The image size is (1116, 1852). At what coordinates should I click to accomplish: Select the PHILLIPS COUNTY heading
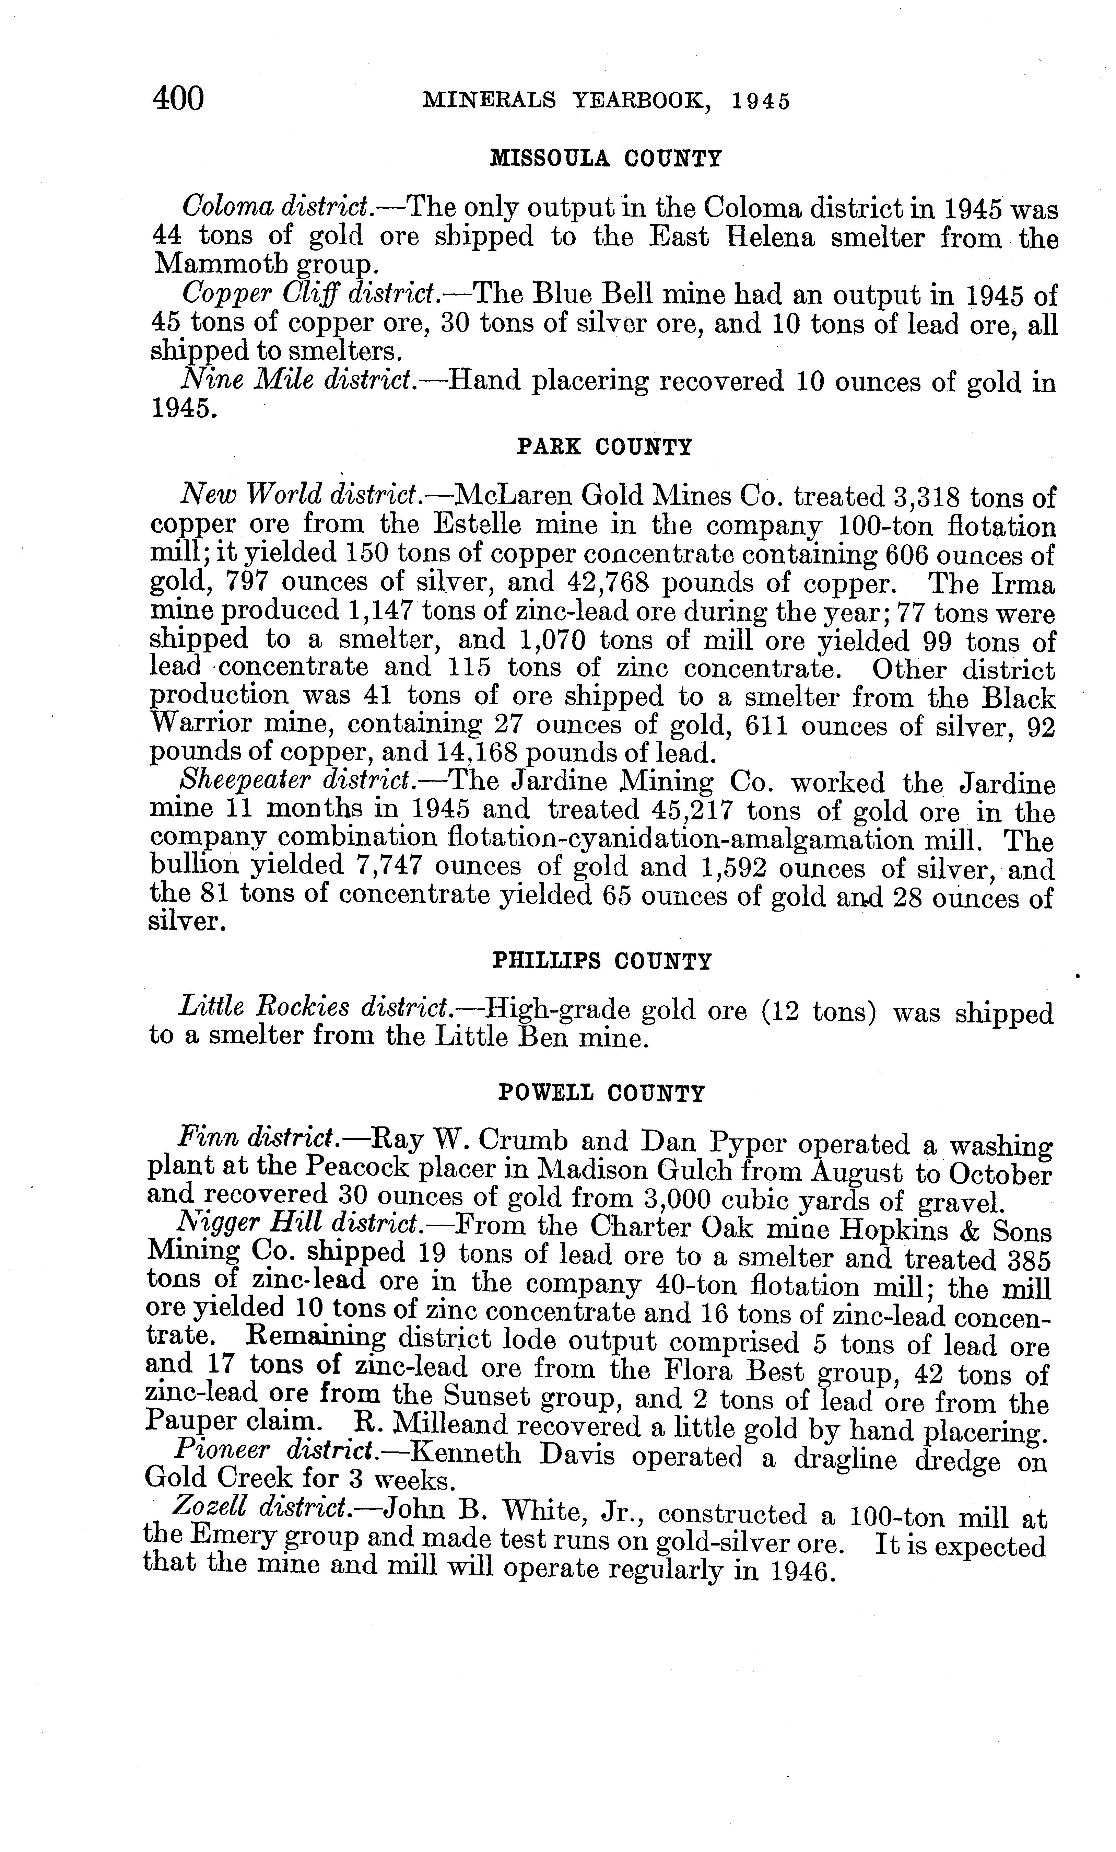coord(601,961)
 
